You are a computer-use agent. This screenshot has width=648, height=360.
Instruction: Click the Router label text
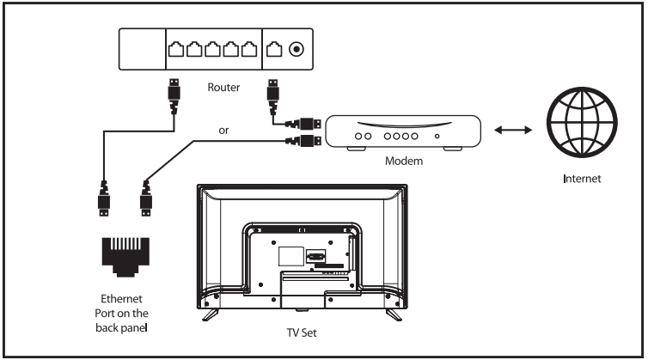[x=223, y=88]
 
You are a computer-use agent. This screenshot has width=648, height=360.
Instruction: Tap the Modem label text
[x=404, y=161]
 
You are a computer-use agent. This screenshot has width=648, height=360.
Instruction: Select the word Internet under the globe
[x=582, y=179]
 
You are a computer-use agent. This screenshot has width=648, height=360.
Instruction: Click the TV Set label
[x=302, y=333]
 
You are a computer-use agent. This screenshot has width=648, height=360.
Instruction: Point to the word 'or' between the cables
[x=223, y=131]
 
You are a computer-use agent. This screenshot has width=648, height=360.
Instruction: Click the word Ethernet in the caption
[x=121, y=298]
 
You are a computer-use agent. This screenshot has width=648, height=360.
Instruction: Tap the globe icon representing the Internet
[x=582, y=122]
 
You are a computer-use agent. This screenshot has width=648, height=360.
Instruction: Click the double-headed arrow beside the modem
[x=513, y=131]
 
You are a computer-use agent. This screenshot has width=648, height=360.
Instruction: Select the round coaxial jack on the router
[x=296, y=50]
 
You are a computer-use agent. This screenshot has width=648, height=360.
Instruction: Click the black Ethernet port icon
[x=125, y=257]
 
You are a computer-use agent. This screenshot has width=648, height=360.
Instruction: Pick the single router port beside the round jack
[x=274, y=49]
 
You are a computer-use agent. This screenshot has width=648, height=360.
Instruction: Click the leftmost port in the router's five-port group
[x=176, y=49]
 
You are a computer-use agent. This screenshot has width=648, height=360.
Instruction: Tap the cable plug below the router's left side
[x=174, y=96]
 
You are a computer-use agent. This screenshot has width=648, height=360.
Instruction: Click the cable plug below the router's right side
[x=272, y=97]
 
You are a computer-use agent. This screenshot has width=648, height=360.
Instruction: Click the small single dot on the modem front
[x=437, y=136]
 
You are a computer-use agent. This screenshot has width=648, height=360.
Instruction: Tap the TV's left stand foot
[x=211, y=314]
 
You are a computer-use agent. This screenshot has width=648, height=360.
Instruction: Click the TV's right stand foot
[x=394, y=314]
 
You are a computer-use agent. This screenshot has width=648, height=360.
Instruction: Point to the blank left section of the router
[x=142, y=49]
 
